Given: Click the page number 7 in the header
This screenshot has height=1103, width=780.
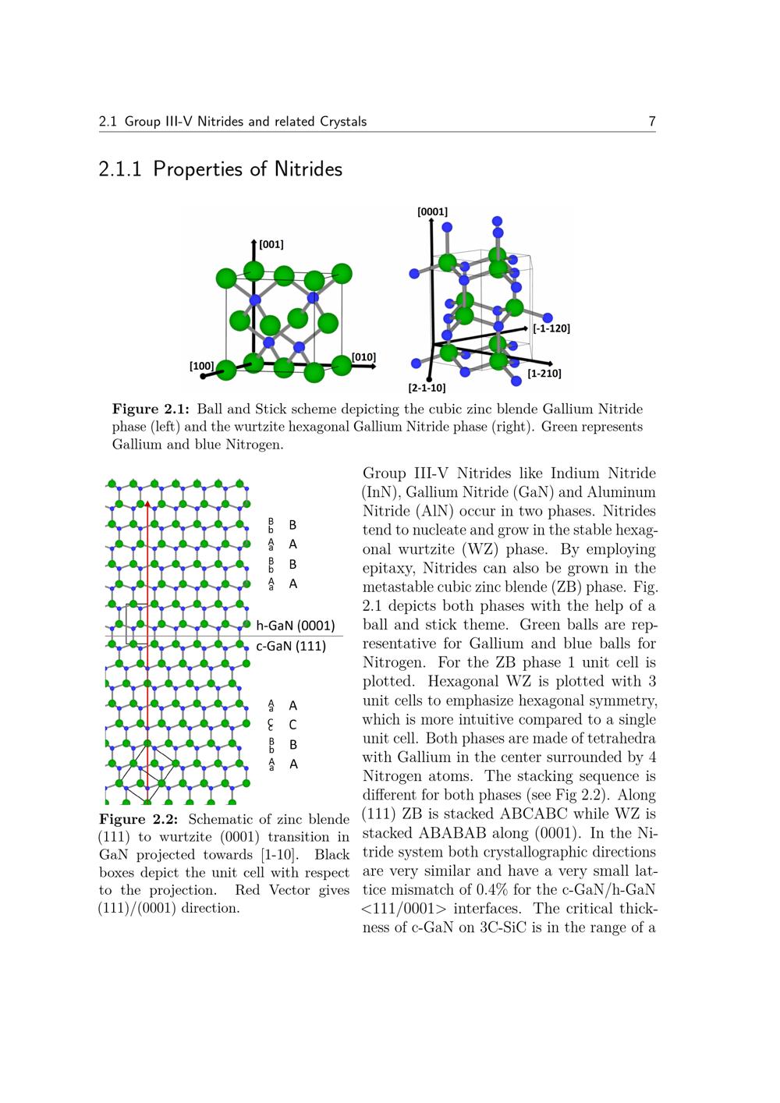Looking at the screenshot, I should point(651,121).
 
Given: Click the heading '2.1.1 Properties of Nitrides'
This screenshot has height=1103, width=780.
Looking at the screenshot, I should point(221,168).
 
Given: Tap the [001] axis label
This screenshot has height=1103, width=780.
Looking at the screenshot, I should point(271,244).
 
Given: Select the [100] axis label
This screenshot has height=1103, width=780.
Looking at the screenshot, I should point(202,365).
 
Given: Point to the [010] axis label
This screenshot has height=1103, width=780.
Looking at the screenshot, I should point(363,357).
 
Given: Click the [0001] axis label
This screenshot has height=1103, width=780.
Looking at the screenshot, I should point(432,211).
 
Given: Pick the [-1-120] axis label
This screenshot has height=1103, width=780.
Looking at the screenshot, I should point(551,328).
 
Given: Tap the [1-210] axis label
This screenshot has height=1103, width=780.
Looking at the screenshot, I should point(544,374).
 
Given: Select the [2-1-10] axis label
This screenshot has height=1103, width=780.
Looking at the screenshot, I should point(427,387).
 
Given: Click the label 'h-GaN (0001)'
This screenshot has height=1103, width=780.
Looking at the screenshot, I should point(296,626).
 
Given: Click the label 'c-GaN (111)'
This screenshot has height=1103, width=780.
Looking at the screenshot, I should point(291,646).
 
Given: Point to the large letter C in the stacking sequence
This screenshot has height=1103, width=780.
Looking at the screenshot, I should point(292,725).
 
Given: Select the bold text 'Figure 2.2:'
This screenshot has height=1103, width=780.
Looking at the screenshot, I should point(139,819).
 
